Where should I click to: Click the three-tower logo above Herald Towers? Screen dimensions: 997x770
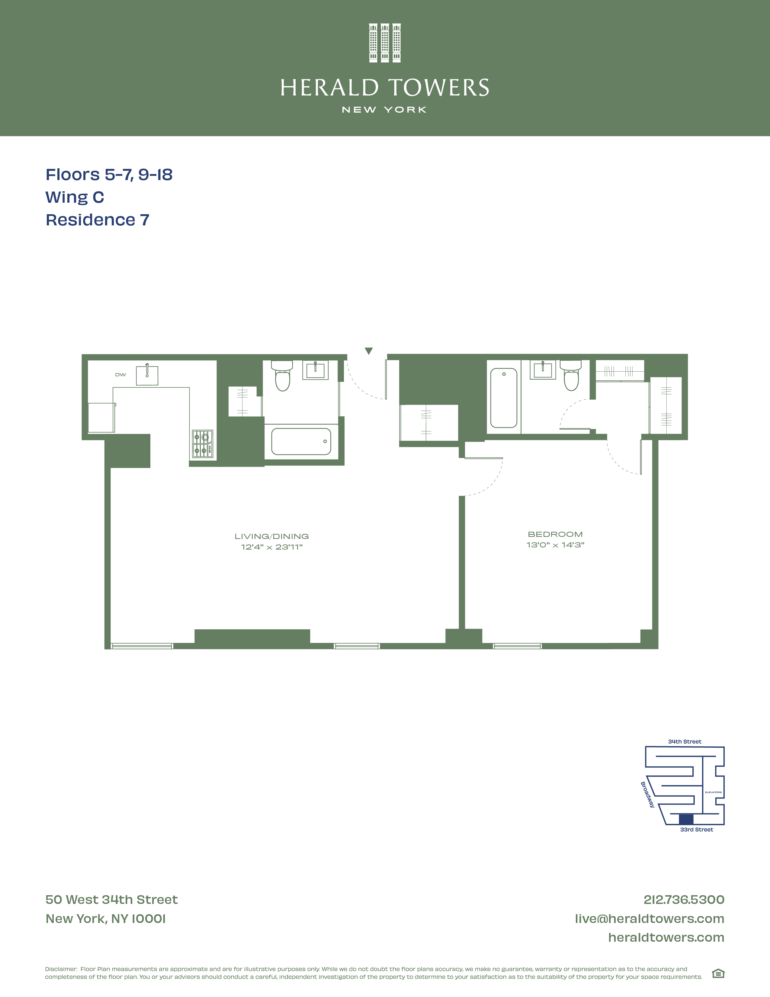tap(384, 43)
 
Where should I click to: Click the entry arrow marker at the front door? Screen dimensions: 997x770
tap(369, 350)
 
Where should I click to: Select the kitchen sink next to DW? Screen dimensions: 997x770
tap(147, 375)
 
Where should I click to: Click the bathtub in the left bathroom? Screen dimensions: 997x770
tap(301, 441)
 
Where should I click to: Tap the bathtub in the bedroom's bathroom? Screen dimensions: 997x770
tap(504, 398)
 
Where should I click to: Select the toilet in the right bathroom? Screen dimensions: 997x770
tap(571, 375)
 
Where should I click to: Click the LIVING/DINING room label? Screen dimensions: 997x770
tap(272, 536)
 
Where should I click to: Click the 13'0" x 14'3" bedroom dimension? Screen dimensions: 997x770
tap(555, 545)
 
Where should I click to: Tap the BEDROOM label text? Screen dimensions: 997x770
tap(555, 534)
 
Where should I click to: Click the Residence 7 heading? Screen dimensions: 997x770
tap(98, 220)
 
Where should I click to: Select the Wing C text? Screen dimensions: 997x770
tap(75, 197)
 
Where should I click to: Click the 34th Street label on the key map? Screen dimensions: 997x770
tap(684, 742)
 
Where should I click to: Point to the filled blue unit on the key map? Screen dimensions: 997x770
tap(686, 819)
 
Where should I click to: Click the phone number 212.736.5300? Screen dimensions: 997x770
tap(684, 900)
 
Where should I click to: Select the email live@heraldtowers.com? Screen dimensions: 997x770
tap(649, 918)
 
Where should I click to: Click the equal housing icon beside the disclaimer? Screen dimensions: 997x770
tap(718, 974)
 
